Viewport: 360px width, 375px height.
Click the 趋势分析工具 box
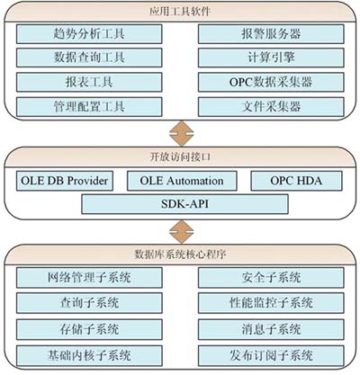[x=89, y=34]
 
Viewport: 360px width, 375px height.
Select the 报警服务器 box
[x=271, y=34]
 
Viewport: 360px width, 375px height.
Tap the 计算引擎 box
[x=271, y=58]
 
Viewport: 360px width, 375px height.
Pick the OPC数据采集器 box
[x=271, y=82]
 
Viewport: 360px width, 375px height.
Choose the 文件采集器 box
[x=271, y=107]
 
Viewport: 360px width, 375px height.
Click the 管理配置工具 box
[x=89, y=107]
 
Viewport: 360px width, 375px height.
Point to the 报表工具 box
[x=89, y=82]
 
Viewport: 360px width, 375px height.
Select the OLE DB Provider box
[x=65, y=181]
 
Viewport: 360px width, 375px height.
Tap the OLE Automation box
[x=182, y=181]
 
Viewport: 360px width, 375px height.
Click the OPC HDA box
[x=296, y=181]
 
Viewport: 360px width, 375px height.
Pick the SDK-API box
[x=185, y=204]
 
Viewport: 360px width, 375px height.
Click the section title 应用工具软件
[x=180, y=12]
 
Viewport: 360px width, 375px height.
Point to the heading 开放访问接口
[x=180, y=157]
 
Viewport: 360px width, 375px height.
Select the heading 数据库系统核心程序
[x=180, y=254]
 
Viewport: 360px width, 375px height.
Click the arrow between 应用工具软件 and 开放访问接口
[x=182, y=134]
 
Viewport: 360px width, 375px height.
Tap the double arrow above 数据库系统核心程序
[x=182, y=232]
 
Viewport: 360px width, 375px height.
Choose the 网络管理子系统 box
[x=89, y=278]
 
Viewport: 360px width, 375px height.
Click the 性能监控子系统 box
[x=271, y=303]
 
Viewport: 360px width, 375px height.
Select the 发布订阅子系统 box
[x=271, y=355]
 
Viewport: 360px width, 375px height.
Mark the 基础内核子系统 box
[x=89, y=355]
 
